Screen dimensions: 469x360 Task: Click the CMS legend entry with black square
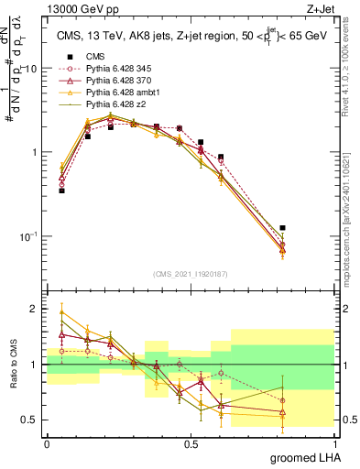93,56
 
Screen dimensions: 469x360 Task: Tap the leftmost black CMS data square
61,191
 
